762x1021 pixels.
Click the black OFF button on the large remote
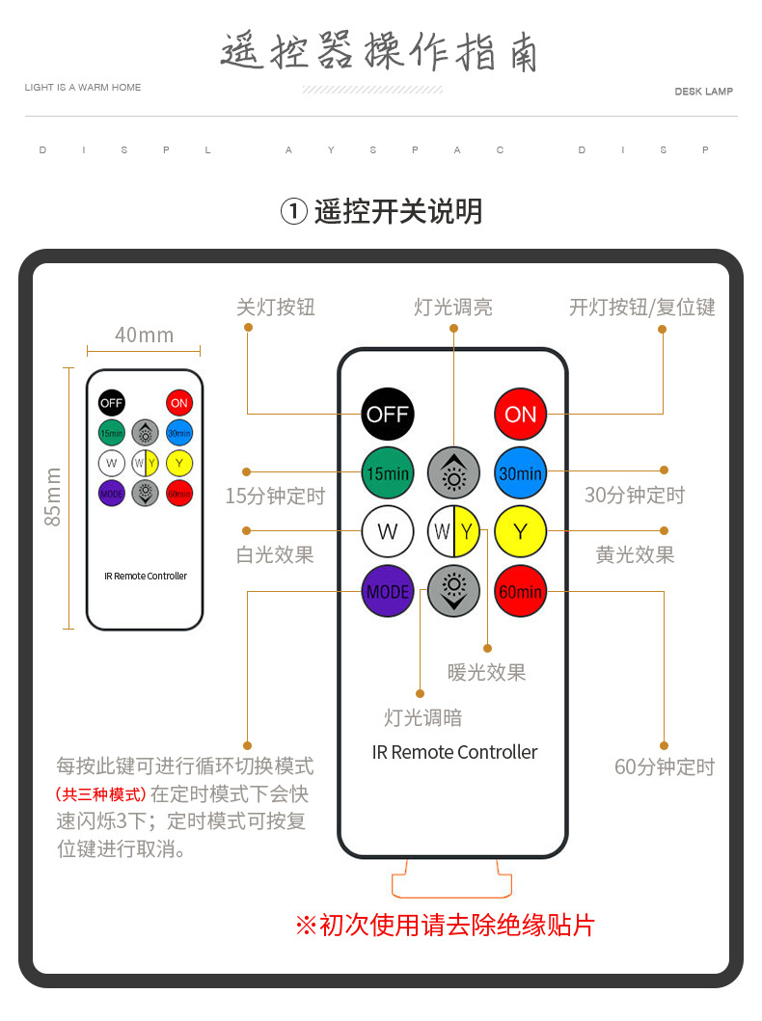click(388, 415)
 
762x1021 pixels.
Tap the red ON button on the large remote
click(520, 415)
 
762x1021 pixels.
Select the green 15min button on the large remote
click(388, 473)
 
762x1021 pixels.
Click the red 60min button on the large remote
click(520, 591)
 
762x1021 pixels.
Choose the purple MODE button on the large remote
click(388, 591)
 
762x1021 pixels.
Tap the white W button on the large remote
click(388, 531)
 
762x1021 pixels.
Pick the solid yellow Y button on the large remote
click(520, 531)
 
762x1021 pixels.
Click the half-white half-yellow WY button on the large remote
click(453, 531)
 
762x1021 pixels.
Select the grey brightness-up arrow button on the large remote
click(453, 473)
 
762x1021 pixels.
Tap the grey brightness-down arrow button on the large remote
click(453, 591)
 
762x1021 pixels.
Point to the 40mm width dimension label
click(144, 335)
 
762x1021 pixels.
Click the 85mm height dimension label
click(53, 497)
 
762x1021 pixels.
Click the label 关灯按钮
click(276, 308)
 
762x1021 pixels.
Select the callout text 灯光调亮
click(453, 308)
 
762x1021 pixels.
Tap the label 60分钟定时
click(665, 767)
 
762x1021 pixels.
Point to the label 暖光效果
click(487, 672)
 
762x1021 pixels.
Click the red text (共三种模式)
click(101, 794)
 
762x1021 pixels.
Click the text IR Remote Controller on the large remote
click(454, 752)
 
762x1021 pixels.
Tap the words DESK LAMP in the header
click(703, 92)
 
